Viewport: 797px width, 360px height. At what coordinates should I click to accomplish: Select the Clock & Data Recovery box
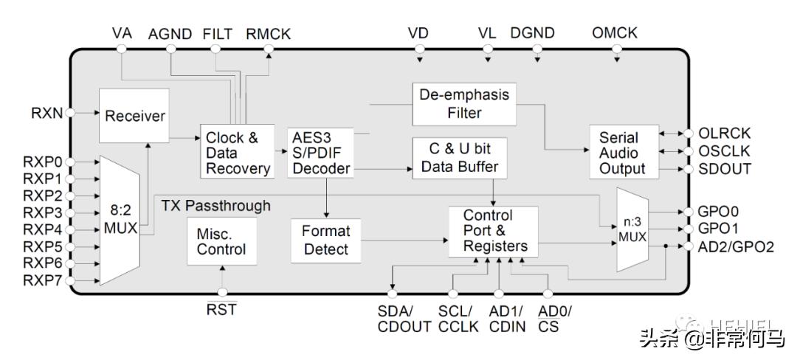tap(237, 153)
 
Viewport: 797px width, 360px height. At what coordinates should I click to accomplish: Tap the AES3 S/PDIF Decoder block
tap(321, 153)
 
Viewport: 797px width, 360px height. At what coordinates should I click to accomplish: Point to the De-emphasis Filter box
tap(464, 104)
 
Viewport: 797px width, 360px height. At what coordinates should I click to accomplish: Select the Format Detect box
tap(325, 240)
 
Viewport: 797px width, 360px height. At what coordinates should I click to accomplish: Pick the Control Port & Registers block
tap(493, 232)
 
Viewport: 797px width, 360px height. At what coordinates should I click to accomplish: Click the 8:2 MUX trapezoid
tap(119, 220)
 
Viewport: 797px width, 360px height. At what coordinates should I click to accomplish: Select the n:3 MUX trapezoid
tap(631, 229)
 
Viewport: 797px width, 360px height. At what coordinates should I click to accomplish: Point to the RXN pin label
tap(47, 113)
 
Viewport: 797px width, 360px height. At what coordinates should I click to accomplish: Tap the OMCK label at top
tap(614, 33)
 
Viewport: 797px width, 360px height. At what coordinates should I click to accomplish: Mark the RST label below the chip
tap(221, 310)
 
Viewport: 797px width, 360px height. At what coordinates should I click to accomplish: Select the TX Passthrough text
tap(215, 205)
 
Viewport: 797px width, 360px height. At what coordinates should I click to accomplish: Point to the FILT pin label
tap(217, 34)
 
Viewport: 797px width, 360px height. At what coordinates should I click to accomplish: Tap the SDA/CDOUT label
tap(404, 319)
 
